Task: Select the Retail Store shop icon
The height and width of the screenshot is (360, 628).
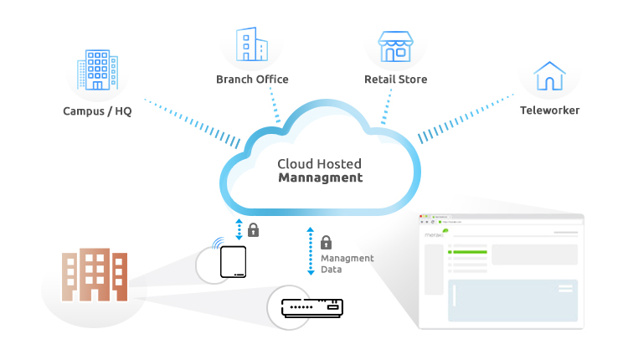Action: click(395, 48)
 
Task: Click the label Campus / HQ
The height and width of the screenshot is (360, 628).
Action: click(97, 111)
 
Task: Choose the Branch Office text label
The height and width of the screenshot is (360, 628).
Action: click(252, 80)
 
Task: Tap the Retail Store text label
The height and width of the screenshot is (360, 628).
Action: click(395, 80)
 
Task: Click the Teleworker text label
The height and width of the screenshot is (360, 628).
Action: click(549, 111)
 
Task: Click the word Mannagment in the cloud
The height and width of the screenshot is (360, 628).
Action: click(321, 178)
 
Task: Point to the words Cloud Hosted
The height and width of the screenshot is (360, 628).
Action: click(321, 164)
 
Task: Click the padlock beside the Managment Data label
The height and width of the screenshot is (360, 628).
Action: click(326, 242)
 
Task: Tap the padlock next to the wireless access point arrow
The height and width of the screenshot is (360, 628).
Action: click(253, 229)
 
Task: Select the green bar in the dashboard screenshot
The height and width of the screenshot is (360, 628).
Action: click(468, 250)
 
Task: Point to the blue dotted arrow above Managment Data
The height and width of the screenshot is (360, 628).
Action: click(311, 250)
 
